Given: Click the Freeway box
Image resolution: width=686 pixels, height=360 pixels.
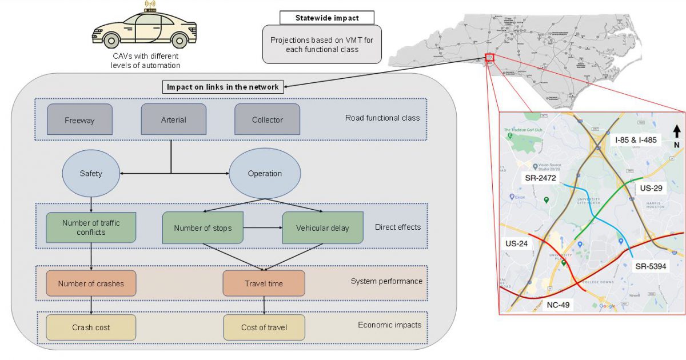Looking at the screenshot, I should [79, 119].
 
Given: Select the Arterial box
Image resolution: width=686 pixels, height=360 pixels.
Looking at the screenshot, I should [173, 119].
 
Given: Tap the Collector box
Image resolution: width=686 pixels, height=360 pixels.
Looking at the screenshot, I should [267, 119].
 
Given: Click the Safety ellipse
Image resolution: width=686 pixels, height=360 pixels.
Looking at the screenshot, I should [91, 173].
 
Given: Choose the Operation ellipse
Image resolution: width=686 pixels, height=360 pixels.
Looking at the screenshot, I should [265, 173].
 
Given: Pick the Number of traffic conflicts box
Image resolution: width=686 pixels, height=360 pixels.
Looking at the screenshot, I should [90, 227].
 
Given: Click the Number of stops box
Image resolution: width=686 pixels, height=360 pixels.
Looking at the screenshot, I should [204, 228].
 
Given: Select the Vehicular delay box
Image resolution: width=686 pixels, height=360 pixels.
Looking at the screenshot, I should [322, 228].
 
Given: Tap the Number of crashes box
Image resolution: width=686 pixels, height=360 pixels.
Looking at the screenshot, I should [90, 283].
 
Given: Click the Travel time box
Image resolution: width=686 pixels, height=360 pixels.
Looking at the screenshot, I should [264, 283].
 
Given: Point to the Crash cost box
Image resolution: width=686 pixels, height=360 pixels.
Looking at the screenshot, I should [90, 327].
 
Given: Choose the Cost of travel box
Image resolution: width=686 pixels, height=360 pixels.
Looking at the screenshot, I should [264, 327].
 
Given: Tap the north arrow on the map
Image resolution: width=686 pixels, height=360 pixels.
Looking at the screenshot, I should [676, 131].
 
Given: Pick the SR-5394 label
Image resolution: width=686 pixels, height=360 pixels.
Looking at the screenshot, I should [651, 266].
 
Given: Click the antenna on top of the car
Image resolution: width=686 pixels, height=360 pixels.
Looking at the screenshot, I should [150, 7].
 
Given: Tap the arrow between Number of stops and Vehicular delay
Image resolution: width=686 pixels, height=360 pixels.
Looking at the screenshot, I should [264, 228].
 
